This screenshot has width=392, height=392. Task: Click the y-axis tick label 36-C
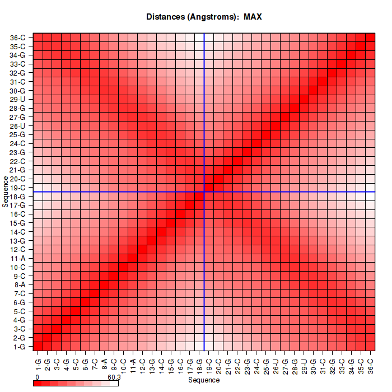(x=17, y=38)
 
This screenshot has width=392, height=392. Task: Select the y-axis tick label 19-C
(x=17, y=188)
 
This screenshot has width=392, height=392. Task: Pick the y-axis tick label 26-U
(x=17, y=126)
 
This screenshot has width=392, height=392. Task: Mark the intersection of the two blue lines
(x=204, y=192)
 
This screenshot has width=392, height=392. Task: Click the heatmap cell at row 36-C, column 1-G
(x=38, y=38)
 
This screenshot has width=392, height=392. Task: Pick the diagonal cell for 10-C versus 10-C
(x=123, y=267)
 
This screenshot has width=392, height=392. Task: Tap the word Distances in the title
(x=167, y=17)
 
